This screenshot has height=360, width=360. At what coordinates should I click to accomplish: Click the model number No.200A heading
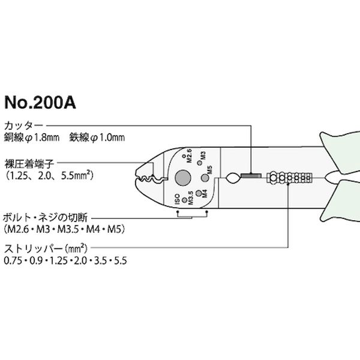pos(40,103)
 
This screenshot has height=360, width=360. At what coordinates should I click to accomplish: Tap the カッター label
pos(23,126)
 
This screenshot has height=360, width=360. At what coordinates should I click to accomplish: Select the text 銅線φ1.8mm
pos(32,137)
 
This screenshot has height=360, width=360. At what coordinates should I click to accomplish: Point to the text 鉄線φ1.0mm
pos(97,137)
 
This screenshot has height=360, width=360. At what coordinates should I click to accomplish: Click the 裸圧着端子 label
pos(29,164)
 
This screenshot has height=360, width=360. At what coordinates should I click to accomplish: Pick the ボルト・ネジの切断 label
pos(45,218)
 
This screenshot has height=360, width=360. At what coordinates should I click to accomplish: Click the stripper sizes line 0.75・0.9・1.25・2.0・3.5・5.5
pos(65,261)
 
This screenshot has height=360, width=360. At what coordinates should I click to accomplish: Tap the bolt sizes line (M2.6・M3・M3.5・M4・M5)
pos(64,229)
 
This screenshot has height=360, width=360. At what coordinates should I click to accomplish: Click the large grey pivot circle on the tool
pos(183,178)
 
